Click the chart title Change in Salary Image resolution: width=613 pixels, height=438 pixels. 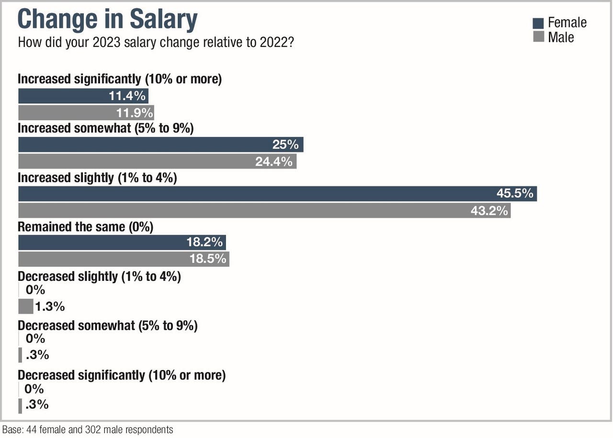107,20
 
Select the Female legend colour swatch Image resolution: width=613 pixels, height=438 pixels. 538,23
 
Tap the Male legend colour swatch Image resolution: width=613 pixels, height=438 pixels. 538,37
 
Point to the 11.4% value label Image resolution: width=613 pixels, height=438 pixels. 127,96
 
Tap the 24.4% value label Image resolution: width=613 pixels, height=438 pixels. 274,161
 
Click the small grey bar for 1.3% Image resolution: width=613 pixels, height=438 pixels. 25,306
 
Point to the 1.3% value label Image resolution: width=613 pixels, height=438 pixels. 49,306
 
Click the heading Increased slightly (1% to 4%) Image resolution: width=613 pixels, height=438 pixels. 97,178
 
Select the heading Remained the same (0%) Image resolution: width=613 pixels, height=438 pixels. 85,227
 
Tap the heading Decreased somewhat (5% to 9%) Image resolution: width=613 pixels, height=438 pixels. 108,325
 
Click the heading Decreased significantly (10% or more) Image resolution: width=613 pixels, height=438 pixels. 122,375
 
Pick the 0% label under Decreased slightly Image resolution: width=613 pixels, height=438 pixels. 35,289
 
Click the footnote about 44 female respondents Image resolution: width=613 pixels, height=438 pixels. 88,430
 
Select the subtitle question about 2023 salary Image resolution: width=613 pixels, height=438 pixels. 156,42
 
